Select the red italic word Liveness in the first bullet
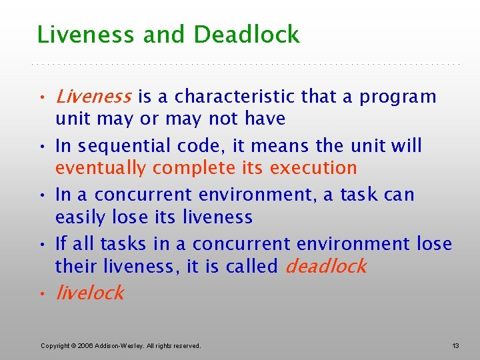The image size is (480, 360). pyautogui.click(x=93, y=97)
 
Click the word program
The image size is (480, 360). pyautogui.click(x=398, y=97)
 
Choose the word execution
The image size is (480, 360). pyautogui.click(x=319, y=168)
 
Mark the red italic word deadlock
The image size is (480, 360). pyautogui.click(x=325, y=267)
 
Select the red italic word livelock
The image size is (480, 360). pyautogui.click(x=89, y=293)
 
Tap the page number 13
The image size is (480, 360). pyautogui.click(x=455, y=345)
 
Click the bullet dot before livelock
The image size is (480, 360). pyautogui.click(x=42, y=294)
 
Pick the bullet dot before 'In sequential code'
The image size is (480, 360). pyautogui.click(x=42, y=147)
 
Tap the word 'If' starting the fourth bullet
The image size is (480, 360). pyautogui.click(x=60, y=243)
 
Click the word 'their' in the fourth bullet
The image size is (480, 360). pyautogui.click(x=77, y=267)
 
